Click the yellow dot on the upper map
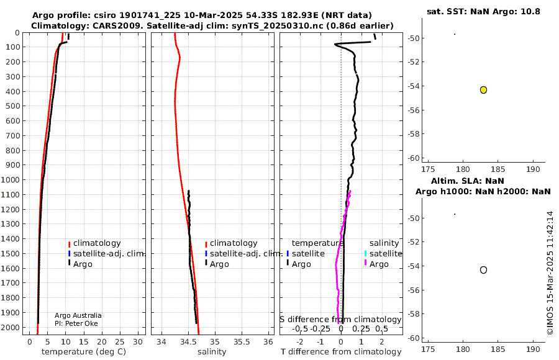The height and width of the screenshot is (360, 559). tap(483, 90)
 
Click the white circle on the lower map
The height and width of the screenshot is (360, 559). tap(483, 270)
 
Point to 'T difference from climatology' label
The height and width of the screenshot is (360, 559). tap(341, 352)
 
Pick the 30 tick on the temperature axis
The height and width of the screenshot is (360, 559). tap(138, 341)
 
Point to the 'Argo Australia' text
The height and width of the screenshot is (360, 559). tap(78, 315)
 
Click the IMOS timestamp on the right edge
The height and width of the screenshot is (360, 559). tap(550, 273)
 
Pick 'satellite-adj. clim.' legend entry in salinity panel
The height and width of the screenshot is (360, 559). tap(246, 254)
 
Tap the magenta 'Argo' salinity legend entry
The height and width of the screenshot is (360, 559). tap(378, 264)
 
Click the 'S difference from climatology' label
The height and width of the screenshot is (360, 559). tap(340, 319)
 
